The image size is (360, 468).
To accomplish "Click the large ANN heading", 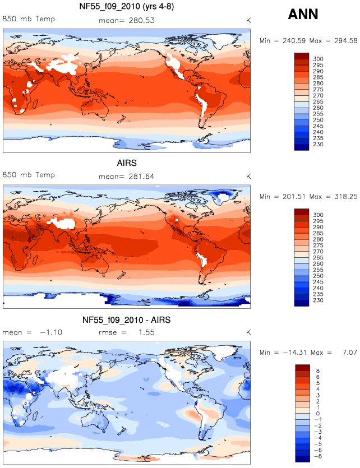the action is tap(303, 14).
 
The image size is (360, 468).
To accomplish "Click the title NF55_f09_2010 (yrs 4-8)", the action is tap(127, 6).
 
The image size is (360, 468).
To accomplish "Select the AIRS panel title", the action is tap(127, 163).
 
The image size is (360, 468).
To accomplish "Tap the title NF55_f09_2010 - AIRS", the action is tap(127, 320).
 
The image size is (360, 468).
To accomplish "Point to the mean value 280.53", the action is tap(142, 21).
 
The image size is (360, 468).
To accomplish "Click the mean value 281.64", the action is tap(141, 177).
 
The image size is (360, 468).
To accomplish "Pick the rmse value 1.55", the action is tap(146, 332).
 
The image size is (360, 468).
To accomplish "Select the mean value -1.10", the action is tap(51, 332).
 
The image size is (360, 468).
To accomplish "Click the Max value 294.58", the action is tap(345, 40).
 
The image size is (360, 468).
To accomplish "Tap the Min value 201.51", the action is tap(294, 197).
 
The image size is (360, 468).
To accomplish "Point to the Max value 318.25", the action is tap(345, 197).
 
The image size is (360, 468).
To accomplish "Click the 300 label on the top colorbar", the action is tap(318, 59).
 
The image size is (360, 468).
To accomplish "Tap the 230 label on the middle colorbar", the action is tap(318, 300).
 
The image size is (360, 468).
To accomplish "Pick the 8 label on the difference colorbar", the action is tap(317, 370).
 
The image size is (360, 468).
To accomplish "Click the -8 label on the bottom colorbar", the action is tap(317, 456).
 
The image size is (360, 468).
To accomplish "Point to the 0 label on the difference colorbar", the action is tap(317, 414).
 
